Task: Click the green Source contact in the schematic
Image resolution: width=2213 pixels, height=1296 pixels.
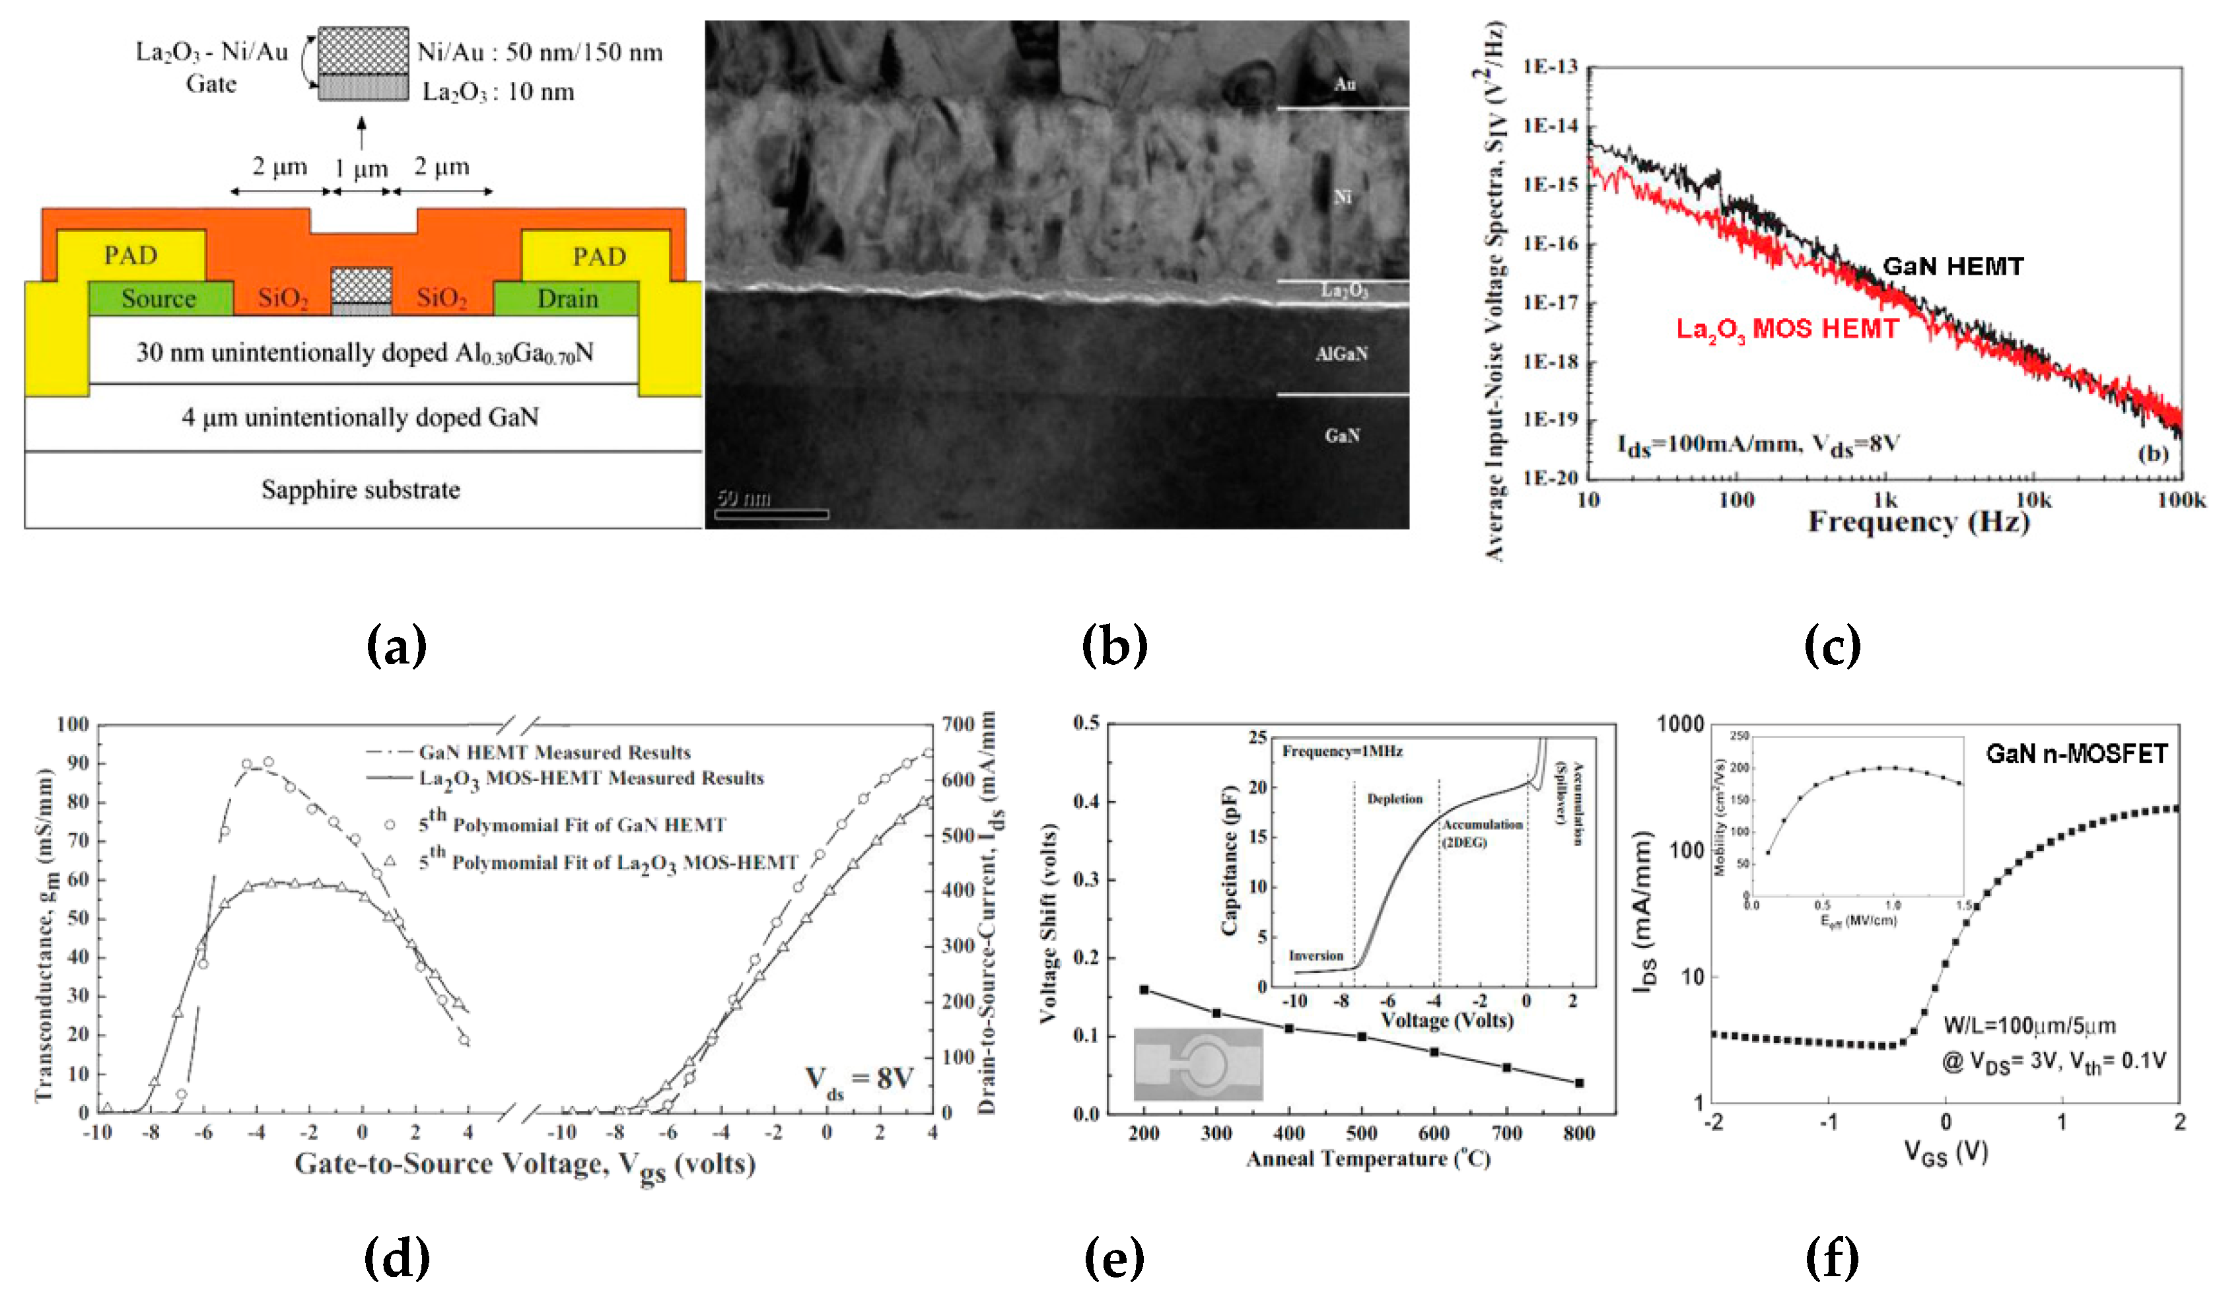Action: click(x=159, y=298)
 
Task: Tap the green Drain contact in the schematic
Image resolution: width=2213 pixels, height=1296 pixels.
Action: click(x=567, y=298)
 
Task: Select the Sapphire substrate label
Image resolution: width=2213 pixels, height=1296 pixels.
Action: click(x=361, y=489)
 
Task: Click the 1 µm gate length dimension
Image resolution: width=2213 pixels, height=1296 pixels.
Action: click(x=361, y=168)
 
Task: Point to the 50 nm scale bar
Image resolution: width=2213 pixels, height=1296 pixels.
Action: click(x=771, y=514)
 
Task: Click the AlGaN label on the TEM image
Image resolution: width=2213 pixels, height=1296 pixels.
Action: click(x=1341, y=354)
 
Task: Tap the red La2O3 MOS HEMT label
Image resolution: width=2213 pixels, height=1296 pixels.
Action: click(x=1787, y=329)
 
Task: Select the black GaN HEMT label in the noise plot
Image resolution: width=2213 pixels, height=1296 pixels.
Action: click(x=1953, y=266)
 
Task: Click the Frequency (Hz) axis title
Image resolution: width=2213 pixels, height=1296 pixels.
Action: click(x=1919, y=522)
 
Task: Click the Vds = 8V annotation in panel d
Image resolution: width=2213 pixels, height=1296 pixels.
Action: click(x=860, y=1079)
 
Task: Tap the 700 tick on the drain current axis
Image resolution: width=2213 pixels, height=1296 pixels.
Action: click(x=958, y=724)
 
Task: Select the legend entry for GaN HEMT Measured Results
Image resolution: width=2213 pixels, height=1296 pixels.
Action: click(x=554, y=753)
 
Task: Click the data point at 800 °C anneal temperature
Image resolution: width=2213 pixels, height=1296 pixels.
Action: click(x=1579, y=1083)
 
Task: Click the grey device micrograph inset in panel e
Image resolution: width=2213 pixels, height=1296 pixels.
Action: click(x=1198, y=1064)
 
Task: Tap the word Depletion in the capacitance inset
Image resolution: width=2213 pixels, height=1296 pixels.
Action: click(x=1395, y=798)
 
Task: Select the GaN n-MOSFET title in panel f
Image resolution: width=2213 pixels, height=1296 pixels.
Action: click(x=2076, y=753)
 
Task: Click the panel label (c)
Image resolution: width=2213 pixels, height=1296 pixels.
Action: click(x=1832, y=646)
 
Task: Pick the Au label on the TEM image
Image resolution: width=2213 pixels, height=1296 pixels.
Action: click(x=1345, y=85)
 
